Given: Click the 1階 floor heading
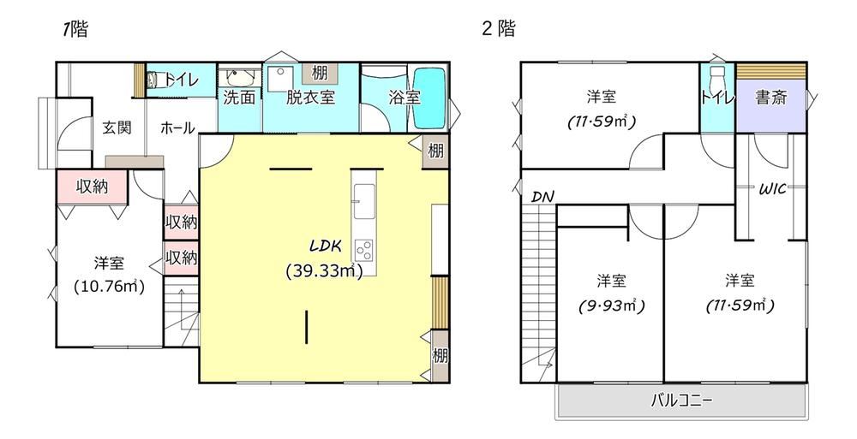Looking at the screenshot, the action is [x=75, y=29].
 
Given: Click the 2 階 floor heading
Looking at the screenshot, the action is [x=498, y=28].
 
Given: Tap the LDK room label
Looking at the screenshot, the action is [x=326, y=246].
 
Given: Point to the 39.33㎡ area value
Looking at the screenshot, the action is [x=324, y=271].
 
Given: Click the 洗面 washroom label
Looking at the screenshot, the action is [x=239, y=98].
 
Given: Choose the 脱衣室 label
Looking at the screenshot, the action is [x=310, y=98].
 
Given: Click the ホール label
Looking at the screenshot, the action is [x=177, y=128].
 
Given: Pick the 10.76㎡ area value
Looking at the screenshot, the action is [x=110, y=287].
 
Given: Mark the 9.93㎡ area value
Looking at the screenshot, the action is [x=612, y=306].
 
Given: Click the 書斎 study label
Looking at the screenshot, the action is [x=770, y=98].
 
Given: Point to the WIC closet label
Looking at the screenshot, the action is [x=772, y=189].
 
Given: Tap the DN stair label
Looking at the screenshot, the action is [x=542, y=197].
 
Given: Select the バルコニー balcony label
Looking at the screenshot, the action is [x=681, y=401].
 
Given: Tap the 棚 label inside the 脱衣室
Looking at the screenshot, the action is [x=319, y=74].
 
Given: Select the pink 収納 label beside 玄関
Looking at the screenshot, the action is [x=92, y=187].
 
